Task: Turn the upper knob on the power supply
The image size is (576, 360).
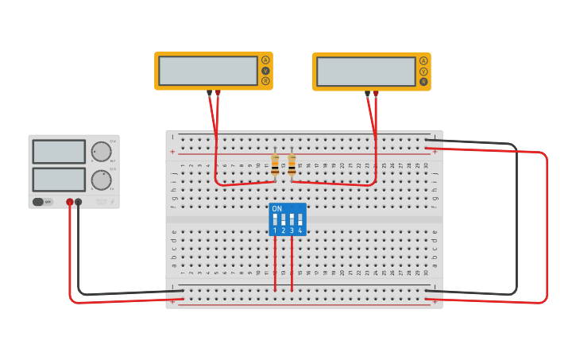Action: [101, 152]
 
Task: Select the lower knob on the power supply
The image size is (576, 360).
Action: [101, 180]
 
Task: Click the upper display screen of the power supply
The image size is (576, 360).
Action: [59, 152]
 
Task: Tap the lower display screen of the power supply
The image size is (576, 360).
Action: [59, 180]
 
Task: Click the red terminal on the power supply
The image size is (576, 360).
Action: [70, 202]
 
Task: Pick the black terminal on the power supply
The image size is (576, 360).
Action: [78, 202]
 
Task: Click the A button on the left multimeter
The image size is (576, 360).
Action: [265, 60]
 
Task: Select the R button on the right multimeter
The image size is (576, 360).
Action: [423, 81]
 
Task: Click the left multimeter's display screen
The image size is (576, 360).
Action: [207, 71]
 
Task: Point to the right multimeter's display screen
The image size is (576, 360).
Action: [365, 72]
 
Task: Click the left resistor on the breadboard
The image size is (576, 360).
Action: [275, 165]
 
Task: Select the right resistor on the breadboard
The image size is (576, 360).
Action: [292, 165]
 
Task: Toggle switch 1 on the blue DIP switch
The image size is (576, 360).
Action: [276, 219]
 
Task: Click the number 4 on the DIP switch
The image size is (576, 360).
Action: [300, 230]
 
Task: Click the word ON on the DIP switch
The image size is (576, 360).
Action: [276, 209]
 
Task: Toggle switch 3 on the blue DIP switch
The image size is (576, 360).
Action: [292, 219]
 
